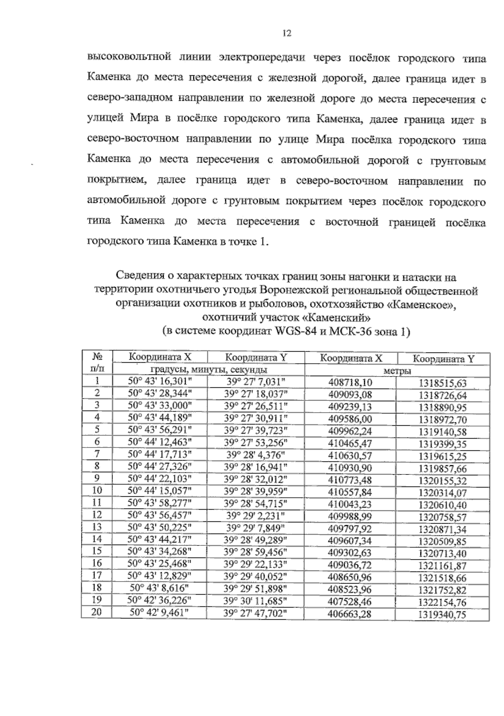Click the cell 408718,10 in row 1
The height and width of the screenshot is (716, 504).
point(350,383)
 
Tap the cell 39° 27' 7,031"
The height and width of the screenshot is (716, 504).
point(255,382)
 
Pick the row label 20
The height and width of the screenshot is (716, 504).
point(97,613)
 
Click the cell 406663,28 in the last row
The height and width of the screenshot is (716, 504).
point(350,614)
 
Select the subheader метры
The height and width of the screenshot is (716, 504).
point(396,371)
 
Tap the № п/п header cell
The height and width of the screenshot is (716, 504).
point(97,363)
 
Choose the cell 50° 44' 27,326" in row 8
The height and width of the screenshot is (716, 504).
point(160,466)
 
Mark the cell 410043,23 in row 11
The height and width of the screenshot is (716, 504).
point(350,504)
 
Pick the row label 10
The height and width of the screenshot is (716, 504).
point(97,491)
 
